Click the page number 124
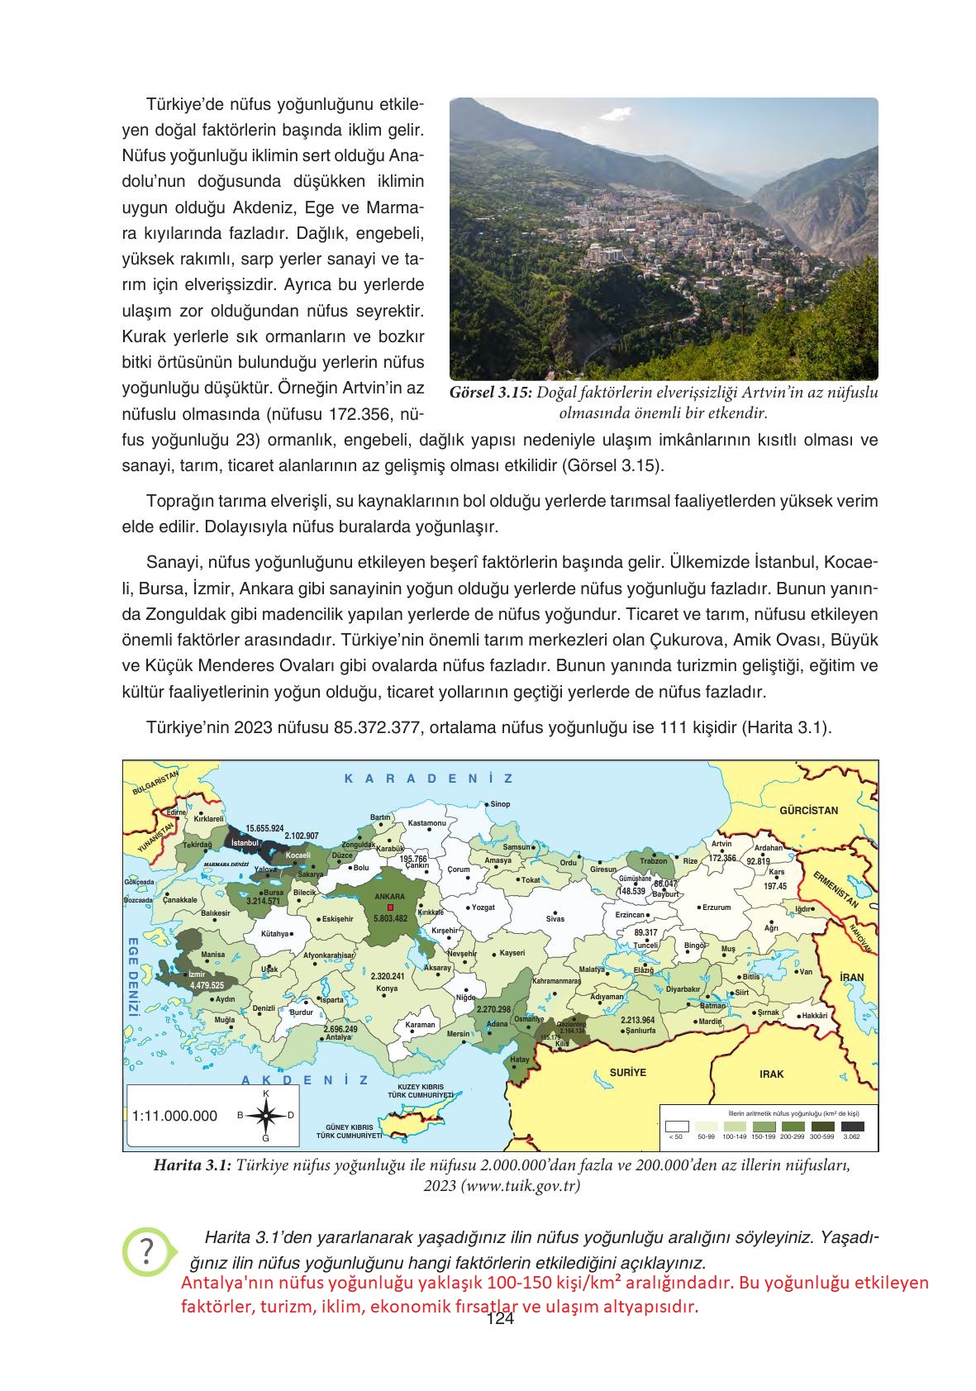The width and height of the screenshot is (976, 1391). coord(501,1320)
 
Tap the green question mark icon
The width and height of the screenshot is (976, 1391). coord(147,1251)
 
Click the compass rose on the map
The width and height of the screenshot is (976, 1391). coord(265,1116)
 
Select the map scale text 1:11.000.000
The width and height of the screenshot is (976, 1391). coord(174,1116)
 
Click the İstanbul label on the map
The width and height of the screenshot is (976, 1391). coord(245,842)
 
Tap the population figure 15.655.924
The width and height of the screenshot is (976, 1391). coord(264,827)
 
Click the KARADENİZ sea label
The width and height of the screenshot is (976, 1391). coord(428,779)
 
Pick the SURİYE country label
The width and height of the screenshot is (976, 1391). coord(628,1072)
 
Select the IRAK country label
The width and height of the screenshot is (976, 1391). coord(771,1074)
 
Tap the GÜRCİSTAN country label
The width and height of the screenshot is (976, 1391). coord(808,811)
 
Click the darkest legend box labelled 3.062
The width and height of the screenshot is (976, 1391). coord(852,1126)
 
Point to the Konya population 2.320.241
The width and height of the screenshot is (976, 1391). coord(388,976)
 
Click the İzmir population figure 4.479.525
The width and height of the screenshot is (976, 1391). coord(207,985)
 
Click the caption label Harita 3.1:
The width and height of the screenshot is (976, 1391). coord(193,1165)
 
